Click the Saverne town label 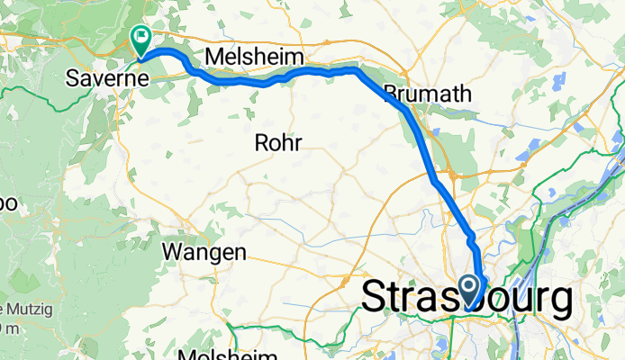pyautogui.click(x=107, y=79)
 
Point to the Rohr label pyautogui.click(x=277, y=142)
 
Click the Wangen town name pyautogui.click(x=204, y=253)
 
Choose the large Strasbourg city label pyautogui.click(x=466, y=298)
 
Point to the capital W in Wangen pyautogui.click(x=172, y=253)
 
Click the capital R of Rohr pyautogui.click(x=261, y=142)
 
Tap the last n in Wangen pyautogui.click(x=240, y=253)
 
